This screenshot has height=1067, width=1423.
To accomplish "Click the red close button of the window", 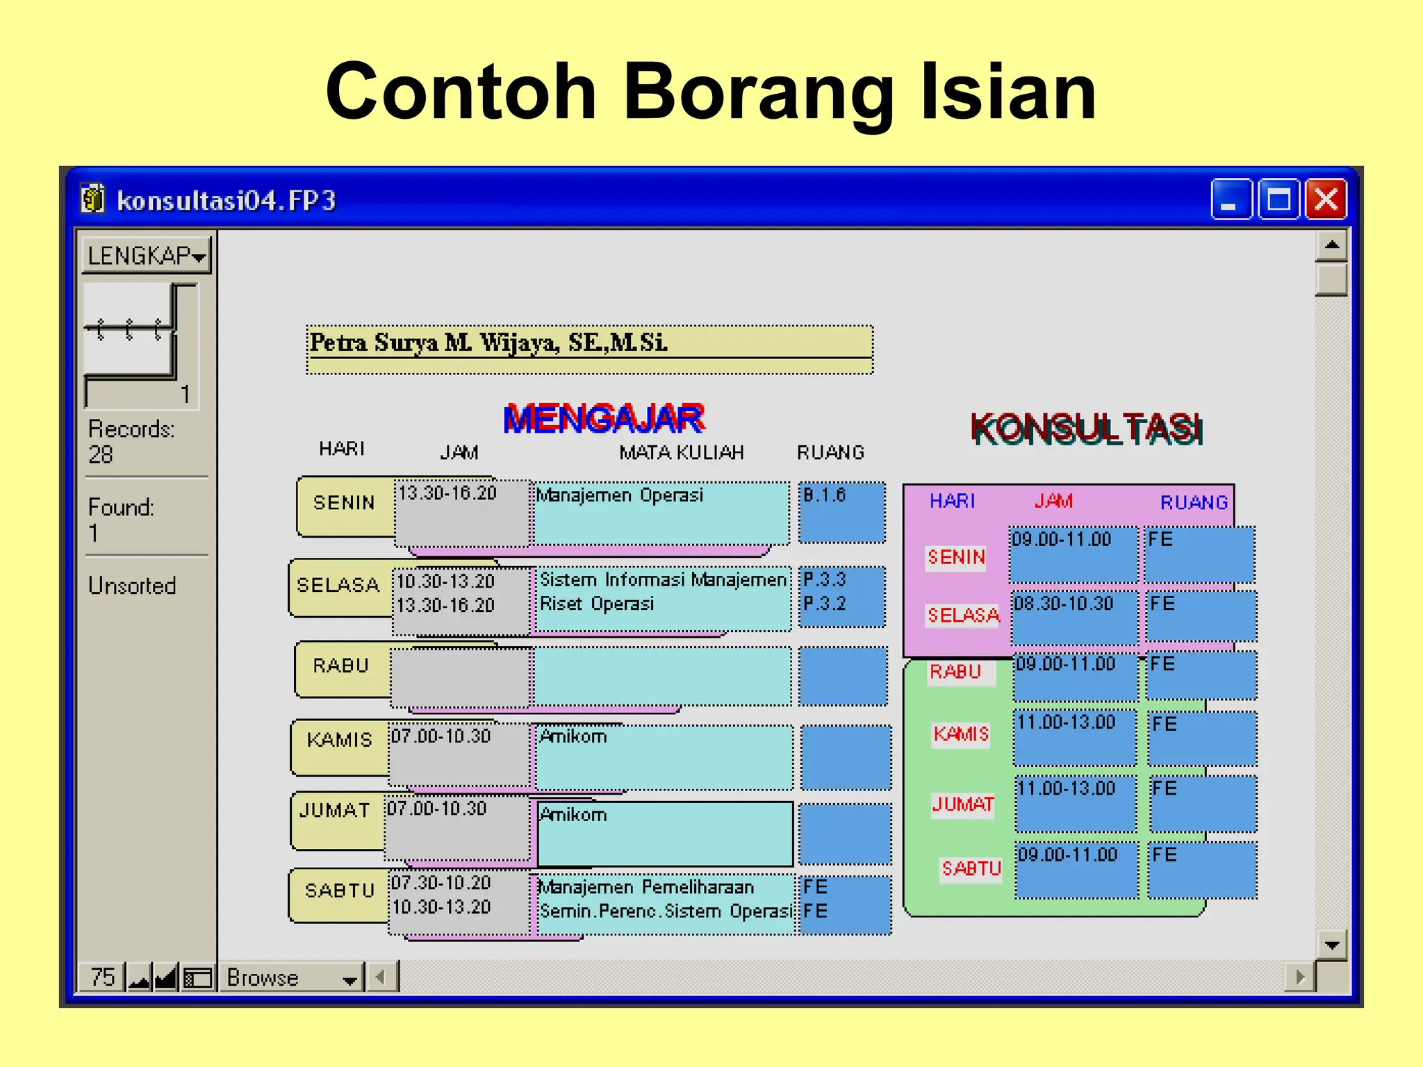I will tap(1326, 200).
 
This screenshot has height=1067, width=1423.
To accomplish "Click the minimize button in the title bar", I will tap(1231, 200).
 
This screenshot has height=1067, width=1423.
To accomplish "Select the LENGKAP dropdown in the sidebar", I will tap(147, 256).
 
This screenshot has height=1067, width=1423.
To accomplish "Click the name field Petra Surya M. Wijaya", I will tap(589, 343).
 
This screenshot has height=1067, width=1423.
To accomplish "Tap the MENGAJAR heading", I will tap(603, 419).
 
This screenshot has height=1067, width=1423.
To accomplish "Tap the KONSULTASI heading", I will tap(1086, 429).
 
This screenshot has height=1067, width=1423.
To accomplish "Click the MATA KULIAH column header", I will tap(681, 453).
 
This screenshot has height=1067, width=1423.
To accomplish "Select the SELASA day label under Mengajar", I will tap(338, 585).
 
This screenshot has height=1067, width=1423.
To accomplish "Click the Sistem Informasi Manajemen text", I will tap(663, 579).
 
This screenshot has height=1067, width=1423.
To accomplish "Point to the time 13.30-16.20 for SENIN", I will tap(447, 493).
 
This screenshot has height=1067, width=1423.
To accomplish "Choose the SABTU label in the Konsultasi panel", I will tap(971, 868).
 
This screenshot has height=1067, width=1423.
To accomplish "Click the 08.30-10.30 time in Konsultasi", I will tap(1063, 603).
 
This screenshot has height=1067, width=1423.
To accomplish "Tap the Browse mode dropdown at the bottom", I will tap(291, 977).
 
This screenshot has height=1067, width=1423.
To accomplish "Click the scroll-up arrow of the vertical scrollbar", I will tap(1331, 245).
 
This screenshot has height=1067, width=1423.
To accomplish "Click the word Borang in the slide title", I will tap(757, 92).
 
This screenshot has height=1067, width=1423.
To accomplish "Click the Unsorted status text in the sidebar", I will tap(132, 586).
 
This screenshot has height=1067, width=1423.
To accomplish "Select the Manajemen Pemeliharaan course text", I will tap(646, 887).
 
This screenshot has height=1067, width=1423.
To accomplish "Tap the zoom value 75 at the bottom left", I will tap(102, 977).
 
